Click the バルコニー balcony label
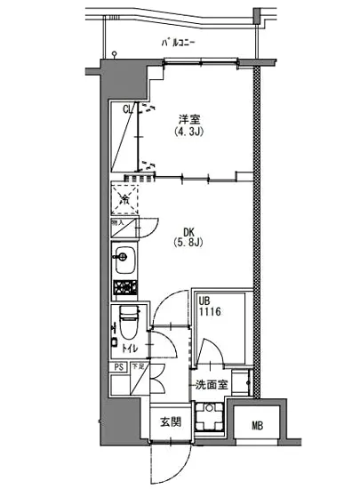180,43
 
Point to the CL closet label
127,110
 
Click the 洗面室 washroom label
213,385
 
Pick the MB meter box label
257,425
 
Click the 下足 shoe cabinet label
138,366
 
